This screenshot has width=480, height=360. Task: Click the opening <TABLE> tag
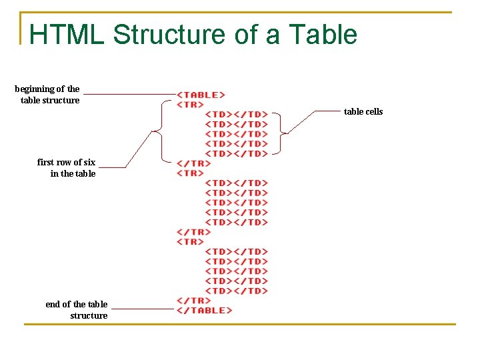point(201,95)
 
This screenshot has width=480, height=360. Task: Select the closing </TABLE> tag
point(205,310)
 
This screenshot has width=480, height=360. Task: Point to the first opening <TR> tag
point(190,105)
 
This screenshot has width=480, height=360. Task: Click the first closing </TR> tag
point(193,163)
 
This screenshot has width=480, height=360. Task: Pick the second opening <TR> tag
point(190,173)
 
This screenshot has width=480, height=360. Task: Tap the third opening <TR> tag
point(190,241)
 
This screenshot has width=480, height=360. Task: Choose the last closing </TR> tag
point(193,300)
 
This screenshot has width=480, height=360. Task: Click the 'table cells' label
point(363,112)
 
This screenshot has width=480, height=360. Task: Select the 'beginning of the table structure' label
point(48,95)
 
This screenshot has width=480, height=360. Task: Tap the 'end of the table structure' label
point(77,309)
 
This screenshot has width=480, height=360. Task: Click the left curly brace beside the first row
point(159,132)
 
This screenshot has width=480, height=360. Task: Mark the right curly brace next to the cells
point(281,133)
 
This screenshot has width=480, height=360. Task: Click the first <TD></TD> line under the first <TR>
point(237,114)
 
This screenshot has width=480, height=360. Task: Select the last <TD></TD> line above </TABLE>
point(237,291)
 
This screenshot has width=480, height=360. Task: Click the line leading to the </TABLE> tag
point(142,309)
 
